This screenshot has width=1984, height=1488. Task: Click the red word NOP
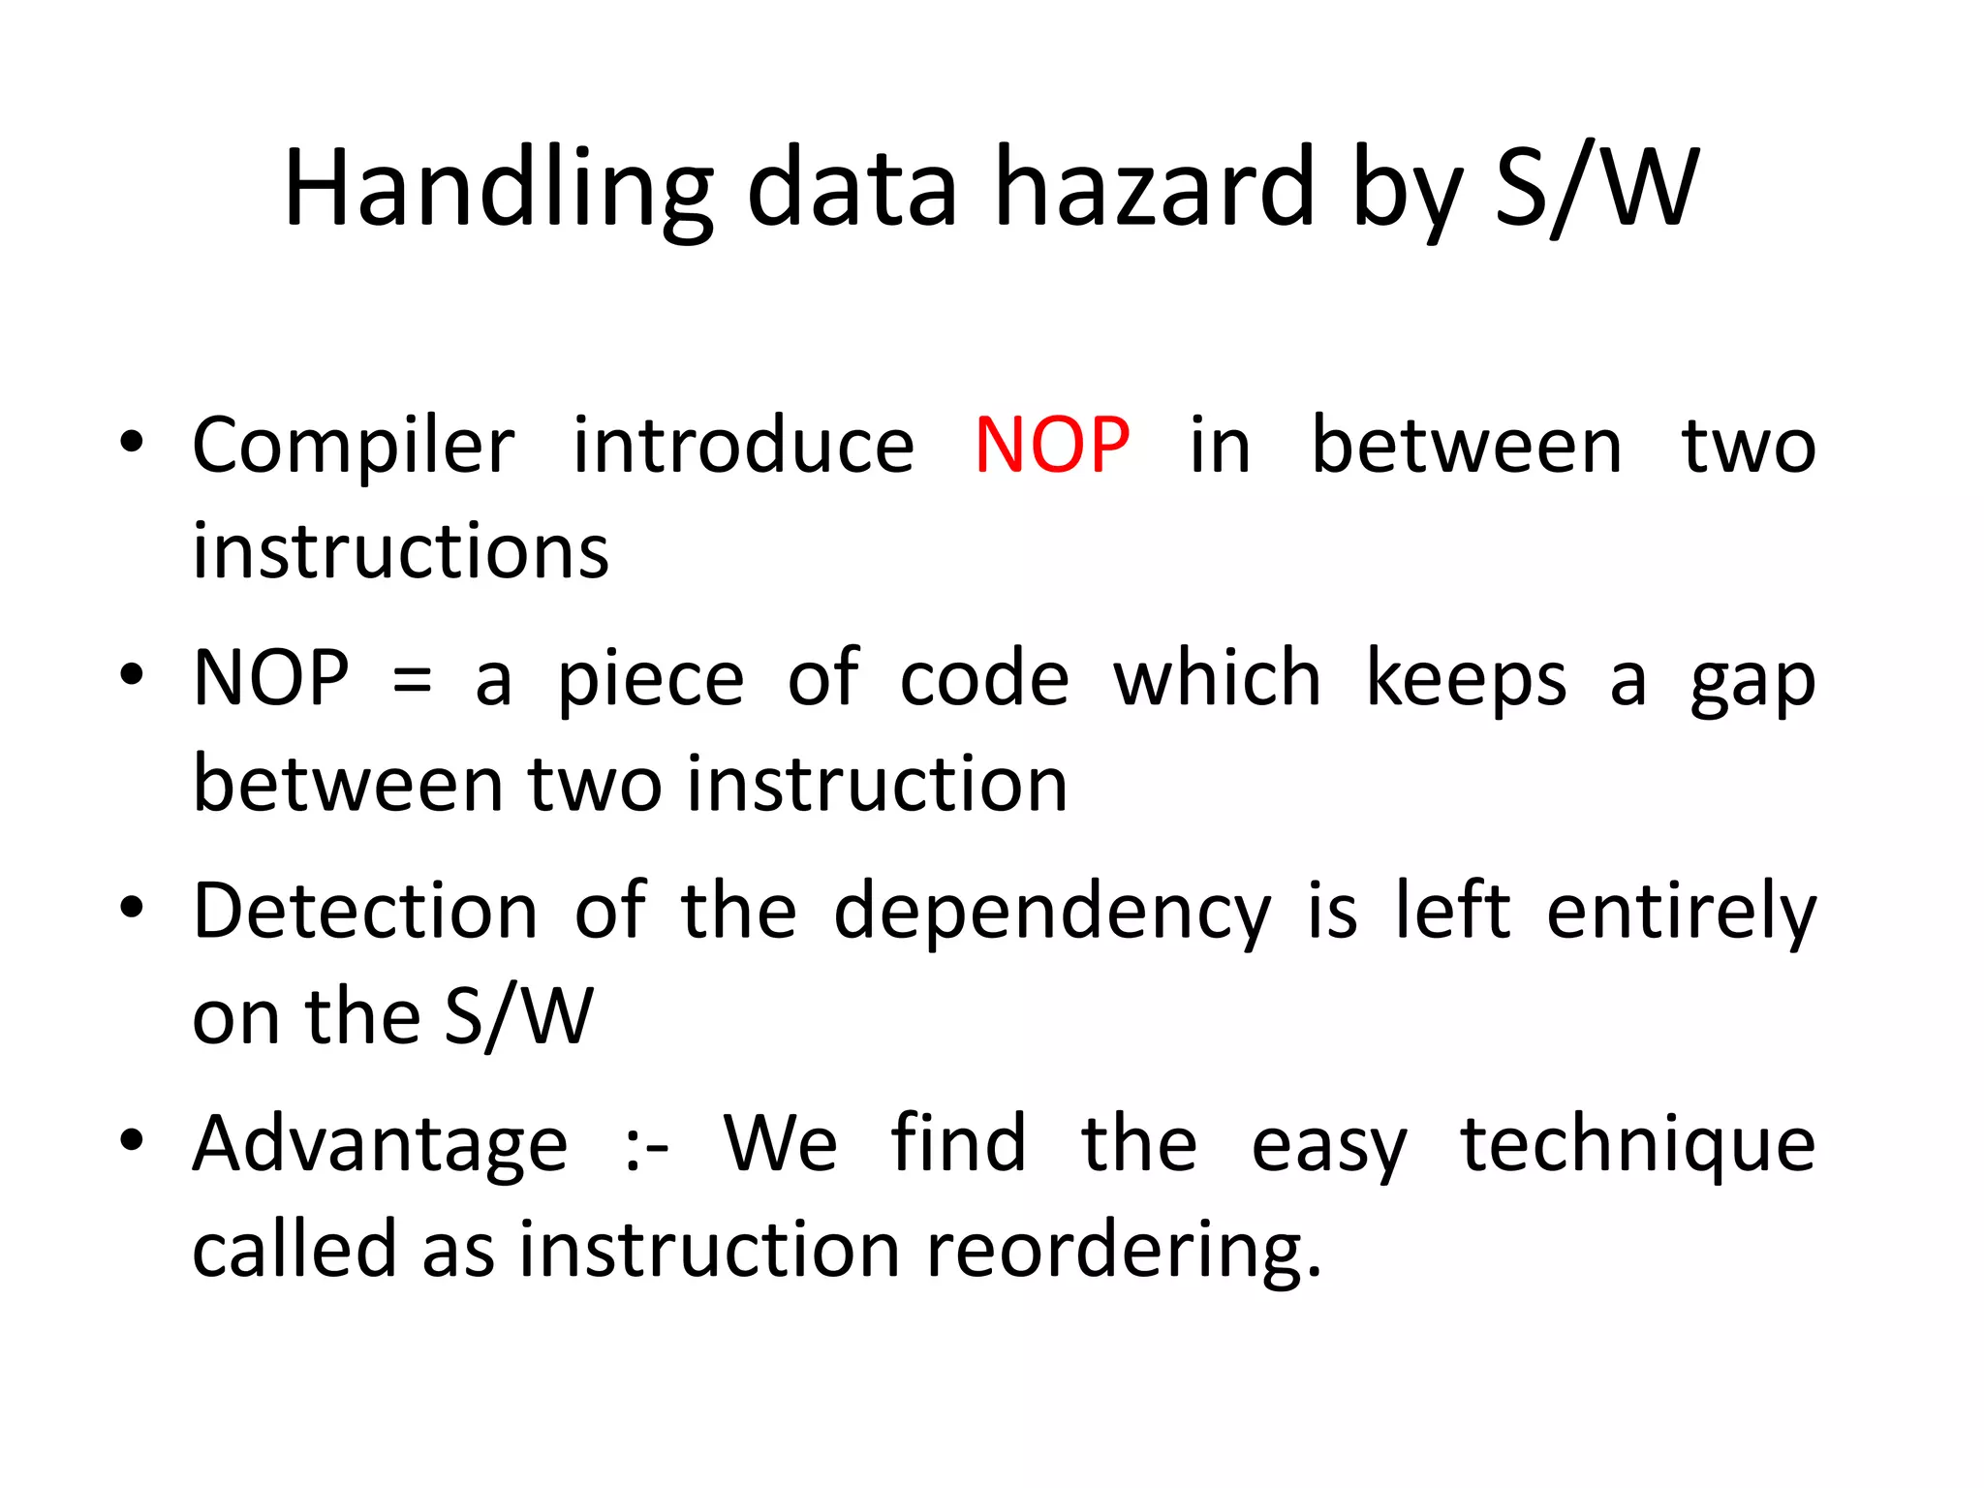pyautogui.click(x=1052, y=446)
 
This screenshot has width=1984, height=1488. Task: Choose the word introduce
pyautogui.click(x=743, y=446)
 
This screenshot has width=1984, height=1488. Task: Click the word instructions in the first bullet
pyautogui.click(x=401, y=551)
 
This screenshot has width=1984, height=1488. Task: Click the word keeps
pyautogui.click(x=1466, y=679)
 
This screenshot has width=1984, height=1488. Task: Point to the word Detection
pyautogui.click(x=365, y=912)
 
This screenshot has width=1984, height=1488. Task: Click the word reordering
pyautogui.click(x=1123, y=1251)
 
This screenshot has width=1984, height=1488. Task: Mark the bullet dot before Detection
pyautogui.click(x=132, y=908)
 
